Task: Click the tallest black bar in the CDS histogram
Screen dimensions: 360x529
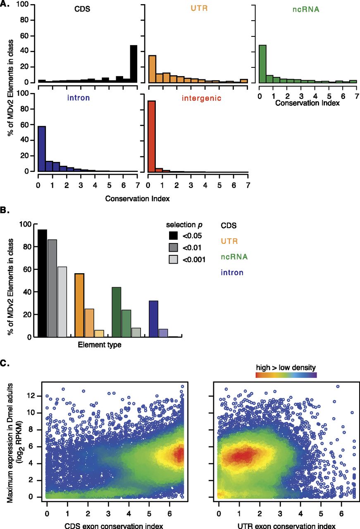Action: [134, 64]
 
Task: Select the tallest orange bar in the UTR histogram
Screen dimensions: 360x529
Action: [152, 69]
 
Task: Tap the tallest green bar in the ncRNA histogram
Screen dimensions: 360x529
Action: [262, 64]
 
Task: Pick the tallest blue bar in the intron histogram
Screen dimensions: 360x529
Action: [42, 149]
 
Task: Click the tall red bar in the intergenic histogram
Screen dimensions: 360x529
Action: [152, 136]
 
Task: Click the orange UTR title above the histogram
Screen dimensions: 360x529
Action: [199, 8]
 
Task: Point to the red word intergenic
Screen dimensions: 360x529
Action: [202, 98]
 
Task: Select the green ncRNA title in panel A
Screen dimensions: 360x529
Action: [306, 9]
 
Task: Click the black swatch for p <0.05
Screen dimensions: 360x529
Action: [173, 236]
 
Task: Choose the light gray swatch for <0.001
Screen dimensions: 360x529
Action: [173, 259]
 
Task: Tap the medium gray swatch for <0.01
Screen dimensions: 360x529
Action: [173, 248]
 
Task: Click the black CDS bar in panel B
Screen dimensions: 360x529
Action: [43, 283]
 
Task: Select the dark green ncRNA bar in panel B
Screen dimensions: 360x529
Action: [117, 312]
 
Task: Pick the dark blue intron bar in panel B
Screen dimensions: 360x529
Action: [153, 319]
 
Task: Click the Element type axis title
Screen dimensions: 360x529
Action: [100, 345]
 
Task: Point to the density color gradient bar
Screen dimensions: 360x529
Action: [286, 375]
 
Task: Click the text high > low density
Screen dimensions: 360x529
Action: [286, 367]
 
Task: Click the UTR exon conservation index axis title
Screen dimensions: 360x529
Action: [286, 526]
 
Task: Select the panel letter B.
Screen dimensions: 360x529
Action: [5, 210]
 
